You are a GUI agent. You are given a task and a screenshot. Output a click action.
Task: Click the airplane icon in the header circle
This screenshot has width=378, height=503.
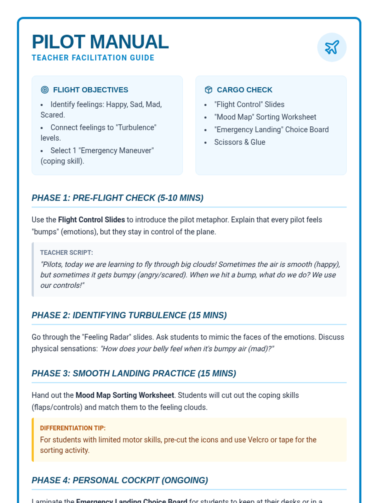(332, 47)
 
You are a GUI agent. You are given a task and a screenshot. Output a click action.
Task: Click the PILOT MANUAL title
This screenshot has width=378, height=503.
(100, 42)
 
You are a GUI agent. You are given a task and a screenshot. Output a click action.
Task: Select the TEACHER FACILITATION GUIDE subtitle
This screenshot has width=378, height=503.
(93, 58)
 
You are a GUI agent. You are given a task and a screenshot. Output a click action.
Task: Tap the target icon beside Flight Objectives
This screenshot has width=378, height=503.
(45, 90)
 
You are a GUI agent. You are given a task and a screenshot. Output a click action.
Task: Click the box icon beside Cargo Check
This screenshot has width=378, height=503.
(209, 90)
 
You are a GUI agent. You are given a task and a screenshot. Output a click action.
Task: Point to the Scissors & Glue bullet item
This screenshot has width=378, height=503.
(239, 142)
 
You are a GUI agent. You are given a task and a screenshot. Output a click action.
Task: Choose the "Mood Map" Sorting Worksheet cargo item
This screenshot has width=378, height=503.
(265, 117)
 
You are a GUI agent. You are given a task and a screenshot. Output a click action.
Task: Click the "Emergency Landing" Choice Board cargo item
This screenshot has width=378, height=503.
(271, 130)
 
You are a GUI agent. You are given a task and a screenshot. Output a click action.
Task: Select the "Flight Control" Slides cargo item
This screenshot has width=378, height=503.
(249, 104)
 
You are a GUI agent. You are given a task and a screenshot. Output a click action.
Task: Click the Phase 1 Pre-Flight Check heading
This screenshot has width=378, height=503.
(117, 198)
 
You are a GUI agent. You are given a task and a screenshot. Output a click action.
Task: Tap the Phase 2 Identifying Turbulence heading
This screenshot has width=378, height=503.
(129, 315)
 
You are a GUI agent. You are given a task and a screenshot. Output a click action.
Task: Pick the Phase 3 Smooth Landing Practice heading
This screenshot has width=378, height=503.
(134, 373)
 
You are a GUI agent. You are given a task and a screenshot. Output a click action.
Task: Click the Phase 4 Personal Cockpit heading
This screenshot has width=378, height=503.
(120, 480)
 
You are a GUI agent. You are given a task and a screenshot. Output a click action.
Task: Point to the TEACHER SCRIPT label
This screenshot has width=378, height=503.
(66, 252)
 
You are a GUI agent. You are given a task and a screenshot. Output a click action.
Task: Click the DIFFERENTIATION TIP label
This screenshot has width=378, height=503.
(72, 428)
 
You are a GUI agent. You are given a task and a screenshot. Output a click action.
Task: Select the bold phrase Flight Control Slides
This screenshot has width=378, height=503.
(91, 220)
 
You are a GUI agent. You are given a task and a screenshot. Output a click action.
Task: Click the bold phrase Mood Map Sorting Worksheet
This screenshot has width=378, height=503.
(125, 395)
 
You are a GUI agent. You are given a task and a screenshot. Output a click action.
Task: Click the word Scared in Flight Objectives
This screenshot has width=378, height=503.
(52, 115)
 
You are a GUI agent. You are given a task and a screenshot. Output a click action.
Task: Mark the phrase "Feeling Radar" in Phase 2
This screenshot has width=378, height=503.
(106, 337)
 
